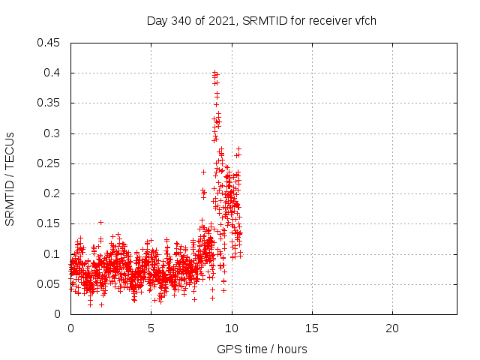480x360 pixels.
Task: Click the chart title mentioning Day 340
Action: pyautogui.click(x=261, y=21)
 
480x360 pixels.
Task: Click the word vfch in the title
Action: pyautogui.click(x=364, y=21)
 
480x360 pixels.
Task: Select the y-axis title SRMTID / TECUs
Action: pyautogui.click(x=10, y=178)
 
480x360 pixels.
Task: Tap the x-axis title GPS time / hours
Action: pyautogui.click(x=261, y=349)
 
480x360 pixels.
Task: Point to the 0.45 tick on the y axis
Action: pyautogui.click(x=49, y=43)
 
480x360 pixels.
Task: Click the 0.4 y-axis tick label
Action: pyautogui.click(x=52, y=73)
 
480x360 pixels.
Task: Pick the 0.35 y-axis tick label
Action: pyautogui.click(x=49, y=103)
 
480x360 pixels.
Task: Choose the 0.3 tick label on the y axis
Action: pyautogui.click(x=52, y=133)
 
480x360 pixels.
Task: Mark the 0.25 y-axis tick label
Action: pyautogui.click(x=49, y=163)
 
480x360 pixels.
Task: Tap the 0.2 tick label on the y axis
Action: pyautogui.click(x=52, y=193)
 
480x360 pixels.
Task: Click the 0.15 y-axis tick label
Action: pyautogui.click(x=49, y=223)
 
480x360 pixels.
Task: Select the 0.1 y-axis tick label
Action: pyautogui.click(x=52, y=254)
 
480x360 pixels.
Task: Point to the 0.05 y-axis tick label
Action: pyautogui.click(x=49, y=284)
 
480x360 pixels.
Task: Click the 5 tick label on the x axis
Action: pyautogui.click(x=151, y=328)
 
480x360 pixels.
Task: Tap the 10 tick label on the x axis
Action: pyautogui.click(x=231, y=328)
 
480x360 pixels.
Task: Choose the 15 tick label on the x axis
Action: pyautogui.click(x=311, y=328)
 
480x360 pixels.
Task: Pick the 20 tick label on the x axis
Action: pyautogui.click(x=391, y=328)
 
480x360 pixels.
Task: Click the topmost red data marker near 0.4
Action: pyautogui.click(x=214, y=72)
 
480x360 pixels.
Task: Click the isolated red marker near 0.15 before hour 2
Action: pyautogui.click(x=100, y=222)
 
